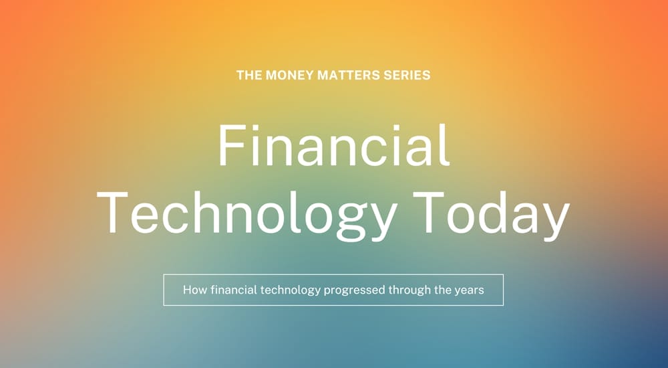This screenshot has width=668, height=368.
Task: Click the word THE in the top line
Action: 248,75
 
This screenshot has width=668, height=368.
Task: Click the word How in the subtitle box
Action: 194,290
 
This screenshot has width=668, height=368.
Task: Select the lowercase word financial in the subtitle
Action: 232,290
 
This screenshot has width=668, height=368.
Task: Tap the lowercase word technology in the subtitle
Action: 290,290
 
